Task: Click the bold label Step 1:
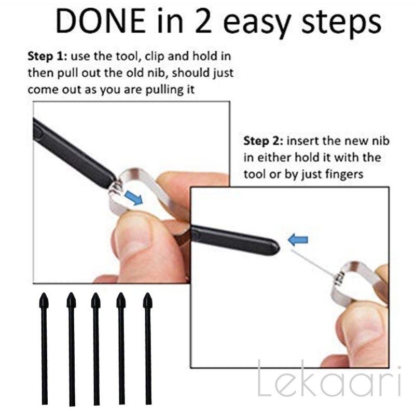click(x=47, y=57)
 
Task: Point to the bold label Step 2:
click(x=264, y=141)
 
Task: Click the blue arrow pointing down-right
click(x=134, y=198)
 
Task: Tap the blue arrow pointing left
click(x=298, y=240)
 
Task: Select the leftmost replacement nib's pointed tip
click(x=44, y=294)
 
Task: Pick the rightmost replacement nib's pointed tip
click(x=147, y=294)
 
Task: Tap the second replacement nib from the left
click(x=72, y=349)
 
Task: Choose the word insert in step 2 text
click(x=302, y=141)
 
